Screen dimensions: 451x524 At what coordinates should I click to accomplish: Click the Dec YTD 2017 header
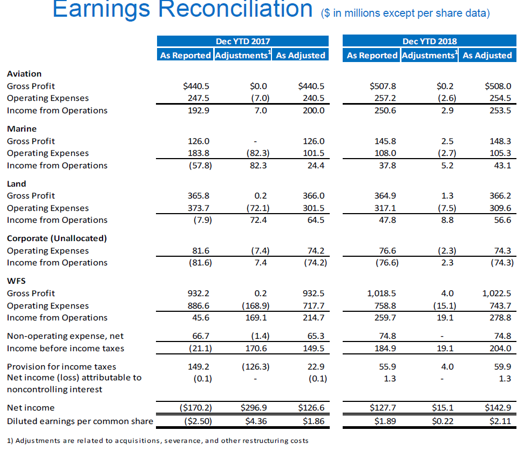[x=243, y=41]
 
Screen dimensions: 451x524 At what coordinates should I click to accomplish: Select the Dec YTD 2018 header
[x=429, y=41]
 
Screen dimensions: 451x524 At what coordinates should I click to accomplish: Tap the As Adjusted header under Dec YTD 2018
[x=487, y=55]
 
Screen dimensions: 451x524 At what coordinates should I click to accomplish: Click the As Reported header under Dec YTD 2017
[x=185, y=55]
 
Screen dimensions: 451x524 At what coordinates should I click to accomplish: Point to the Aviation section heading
[x=24, y=74]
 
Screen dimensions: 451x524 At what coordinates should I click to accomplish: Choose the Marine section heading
[x=22, y=129]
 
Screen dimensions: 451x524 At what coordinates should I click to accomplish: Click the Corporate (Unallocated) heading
[x=57, y=238]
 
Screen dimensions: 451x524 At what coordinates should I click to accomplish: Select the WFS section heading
[x=16, y=281]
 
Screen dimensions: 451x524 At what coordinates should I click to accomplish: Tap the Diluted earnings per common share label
[x=80, y=421]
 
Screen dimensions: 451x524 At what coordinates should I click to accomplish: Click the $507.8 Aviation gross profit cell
[x=383, y=86]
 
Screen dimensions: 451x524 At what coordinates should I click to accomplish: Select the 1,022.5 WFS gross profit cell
[x=496, y=293]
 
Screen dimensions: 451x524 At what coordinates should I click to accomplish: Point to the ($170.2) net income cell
[x=195, y=408]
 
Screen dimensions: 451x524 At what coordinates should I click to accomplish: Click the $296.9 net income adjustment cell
[x=254, y=408]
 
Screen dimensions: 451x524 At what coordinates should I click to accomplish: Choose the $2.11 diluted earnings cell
[x=499, y=421]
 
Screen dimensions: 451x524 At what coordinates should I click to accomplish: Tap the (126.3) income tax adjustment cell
[x=254, y=367]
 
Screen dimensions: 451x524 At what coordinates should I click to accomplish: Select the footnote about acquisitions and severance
[x=158, y=441]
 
